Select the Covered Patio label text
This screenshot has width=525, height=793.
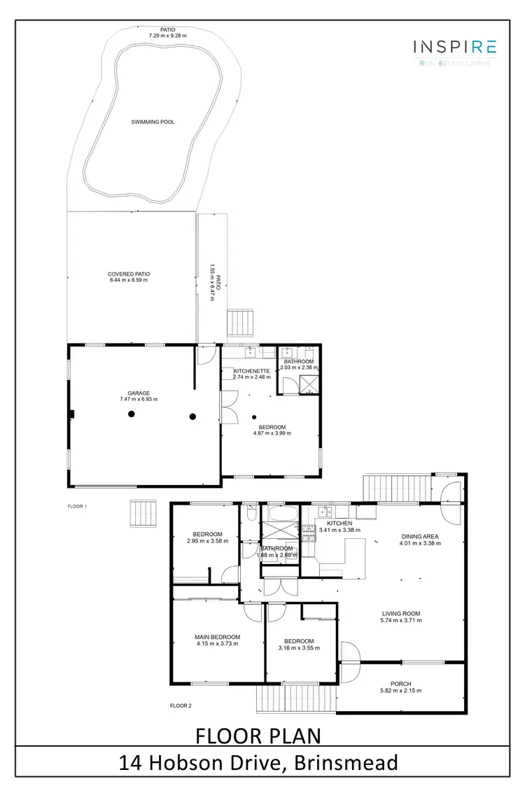pos(129,274)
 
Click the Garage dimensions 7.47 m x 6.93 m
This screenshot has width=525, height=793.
pos(139,399)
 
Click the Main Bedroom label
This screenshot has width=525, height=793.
pos(217,637)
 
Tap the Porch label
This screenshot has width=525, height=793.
pos(401,684)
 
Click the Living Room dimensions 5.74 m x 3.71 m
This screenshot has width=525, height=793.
pos(401,620)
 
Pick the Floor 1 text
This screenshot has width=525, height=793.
pos(76,505)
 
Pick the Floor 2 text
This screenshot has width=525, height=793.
pos(181,706)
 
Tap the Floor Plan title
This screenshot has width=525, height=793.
pos(258,736)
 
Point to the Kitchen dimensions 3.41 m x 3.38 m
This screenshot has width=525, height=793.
pos(335,530)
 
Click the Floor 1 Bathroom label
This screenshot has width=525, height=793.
pos(299,362)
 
